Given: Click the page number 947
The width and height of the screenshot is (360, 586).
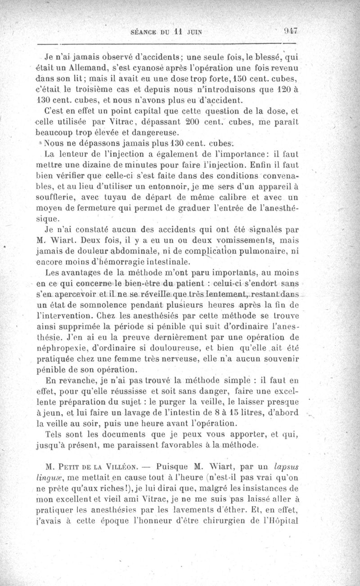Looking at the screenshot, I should pyautogui.click(x=292, y=32).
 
